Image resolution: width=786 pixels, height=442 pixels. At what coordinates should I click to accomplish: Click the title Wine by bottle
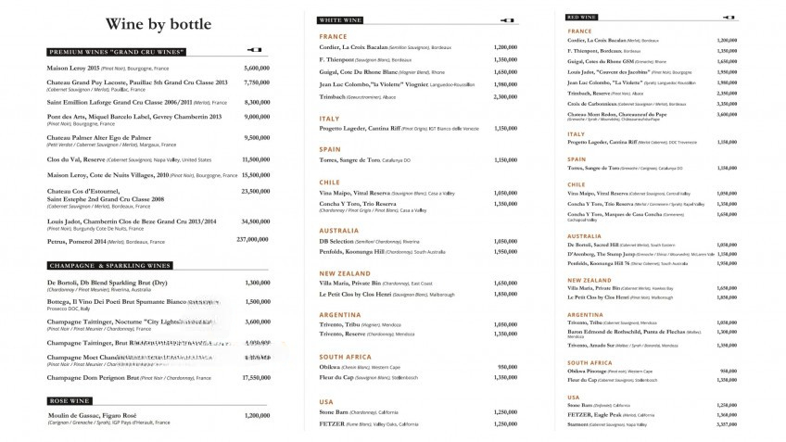point(158,24)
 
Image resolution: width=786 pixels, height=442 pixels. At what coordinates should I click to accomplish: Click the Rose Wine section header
point(70,400)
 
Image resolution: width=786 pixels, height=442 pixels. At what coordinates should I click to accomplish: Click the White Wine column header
point(341,19)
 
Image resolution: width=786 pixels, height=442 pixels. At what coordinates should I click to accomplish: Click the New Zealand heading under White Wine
point(346,273)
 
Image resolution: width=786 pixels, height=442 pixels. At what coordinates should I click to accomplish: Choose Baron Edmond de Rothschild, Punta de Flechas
point(626,331)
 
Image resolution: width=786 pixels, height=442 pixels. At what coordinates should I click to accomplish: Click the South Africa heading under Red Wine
point(590,362)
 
